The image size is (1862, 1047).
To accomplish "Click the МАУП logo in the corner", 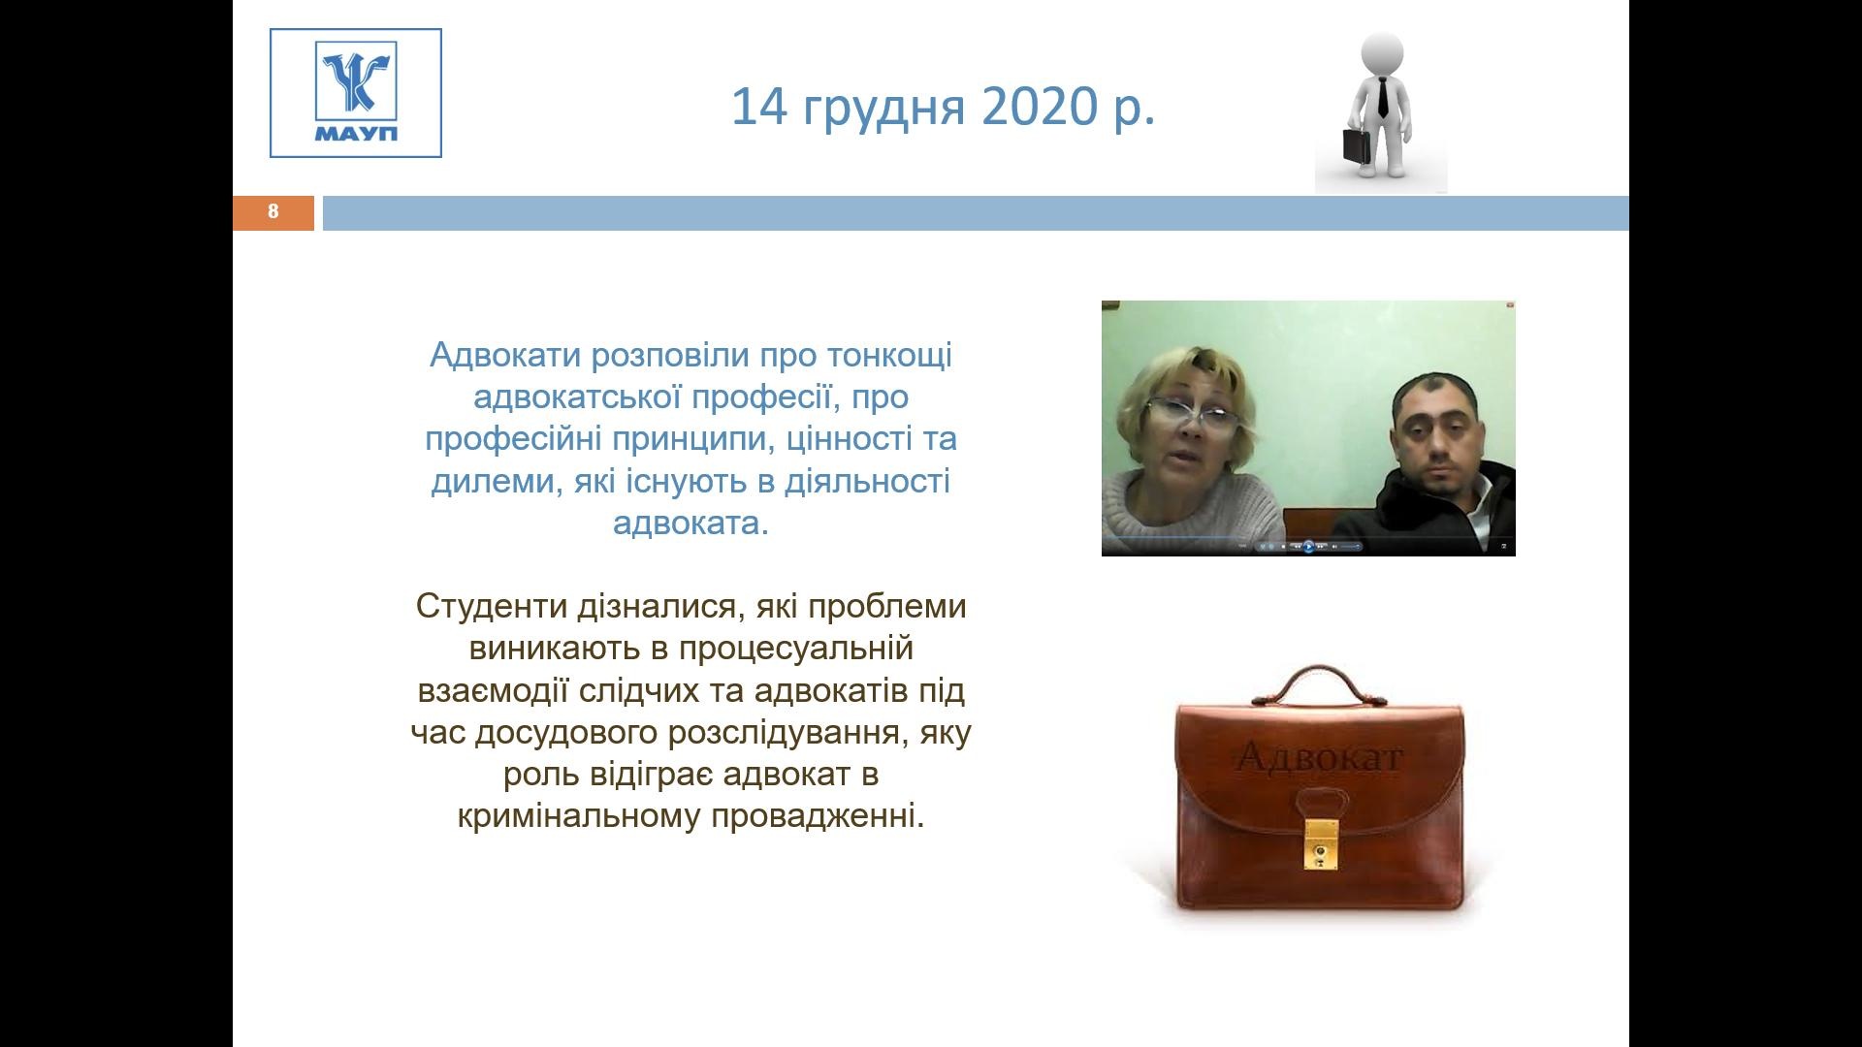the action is click(356, 93).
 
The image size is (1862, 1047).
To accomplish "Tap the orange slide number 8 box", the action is click(273, 212).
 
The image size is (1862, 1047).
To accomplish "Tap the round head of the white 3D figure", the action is click(1382, 55).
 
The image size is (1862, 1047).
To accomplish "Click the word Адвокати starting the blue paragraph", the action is click(505, 355).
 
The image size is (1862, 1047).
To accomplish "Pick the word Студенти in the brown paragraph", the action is click(493, 607).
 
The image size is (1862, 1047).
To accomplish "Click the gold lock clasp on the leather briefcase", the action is click(1320, 844).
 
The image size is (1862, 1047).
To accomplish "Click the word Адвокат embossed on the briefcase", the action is click(1320, 756).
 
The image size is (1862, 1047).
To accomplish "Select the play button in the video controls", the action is click(1308, 547).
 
